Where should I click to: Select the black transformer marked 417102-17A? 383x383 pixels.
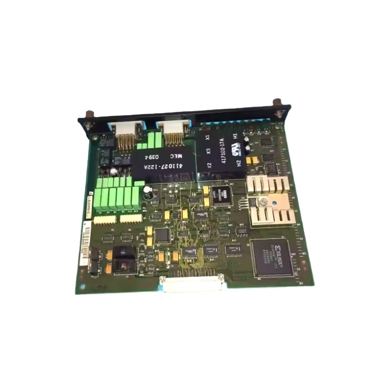[221, 151]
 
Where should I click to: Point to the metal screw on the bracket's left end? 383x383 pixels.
[88, 116]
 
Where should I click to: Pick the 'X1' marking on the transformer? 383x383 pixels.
[207, 137]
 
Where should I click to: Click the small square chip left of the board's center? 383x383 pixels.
[163, 235]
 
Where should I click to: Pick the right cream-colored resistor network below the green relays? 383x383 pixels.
[130, 218]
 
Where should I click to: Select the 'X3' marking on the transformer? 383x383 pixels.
[208, 151]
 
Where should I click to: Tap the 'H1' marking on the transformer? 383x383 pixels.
[235, 137]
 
